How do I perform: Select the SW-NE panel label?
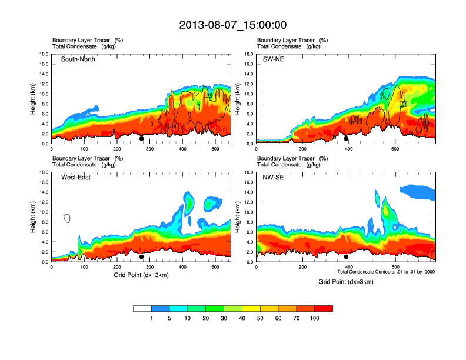(x=272, y=59)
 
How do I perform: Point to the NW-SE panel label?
(x=273, y=178)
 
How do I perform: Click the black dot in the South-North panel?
(x=141, y=139)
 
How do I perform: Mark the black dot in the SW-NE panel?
(x=346, y=139)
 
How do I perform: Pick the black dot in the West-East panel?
(x=141, y=256)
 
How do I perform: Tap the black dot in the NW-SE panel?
(x=346, y=256)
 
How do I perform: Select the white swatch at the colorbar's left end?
(x=142, y=308)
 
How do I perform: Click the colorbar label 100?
(x=315, y=318)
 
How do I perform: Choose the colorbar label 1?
(x=151, y=318)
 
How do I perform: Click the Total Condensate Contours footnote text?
(x=386, y=272)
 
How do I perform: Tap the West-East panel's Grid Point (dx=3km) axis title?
(x=141, y=275)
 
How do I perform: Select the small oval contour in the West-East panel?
(x=67, y=218)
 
